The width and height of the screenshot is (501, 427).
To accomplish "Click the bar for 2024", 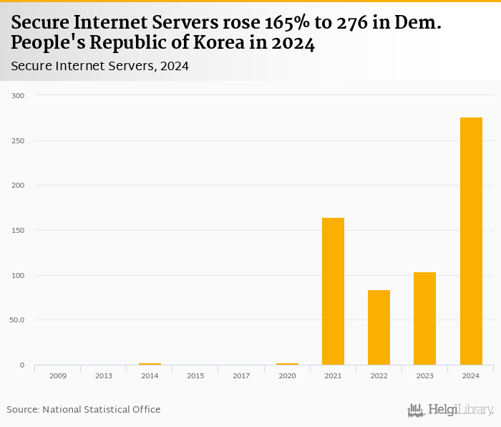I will coord(471,241).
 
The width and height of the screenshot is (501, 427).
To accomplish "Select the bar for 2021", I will coord(333,291).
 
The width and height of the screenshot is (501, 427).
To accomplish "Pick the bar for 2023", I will coord(424,318).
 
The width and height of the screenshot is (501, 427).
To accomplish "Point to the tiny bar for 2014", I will coord(150,364).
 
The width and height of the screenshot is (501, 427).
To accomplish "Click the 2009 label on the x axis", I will coord(57,375).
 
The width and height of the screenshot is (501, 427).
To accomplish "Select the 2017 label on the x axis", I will coord(241,375).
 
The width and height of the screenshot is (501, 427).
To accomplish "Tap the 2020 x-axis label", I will coord(287,375).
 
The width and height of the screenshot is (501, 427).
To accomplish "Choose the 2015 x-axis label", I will coord(195,375).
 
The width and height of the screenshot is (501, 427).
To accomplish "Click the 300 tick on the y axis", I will coord(18,95).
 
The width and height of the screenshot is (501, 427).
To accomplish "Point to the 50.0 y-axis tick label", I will coord(16,320).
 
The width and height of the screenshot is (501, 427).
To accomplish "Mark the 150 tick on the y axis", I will coord(18,231).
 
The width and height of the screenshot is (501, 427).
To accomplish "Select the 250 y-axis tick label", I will coord(18,140).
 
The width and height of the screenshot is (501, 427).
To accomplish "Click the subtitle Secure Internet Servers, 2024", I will coord(99,67).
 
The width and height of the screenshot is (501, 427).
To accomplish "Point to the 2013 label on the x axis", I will coord(103,375).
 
